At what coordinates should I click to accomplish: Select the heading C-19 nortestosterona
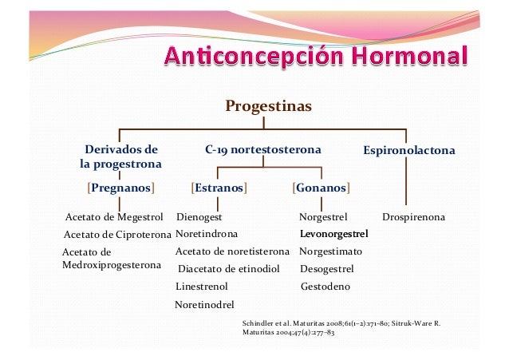point(262,149)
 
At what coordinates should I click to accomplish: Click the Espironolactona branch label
point(409,150)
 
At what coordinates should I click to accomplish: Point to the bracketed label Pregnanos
point(120,188)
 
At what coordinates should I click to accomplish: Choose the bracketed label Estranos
point(219,188)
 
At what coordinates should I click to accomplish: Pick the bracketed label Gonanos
point(322,188)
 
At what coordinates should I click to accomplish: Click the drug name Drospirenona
point(413,217)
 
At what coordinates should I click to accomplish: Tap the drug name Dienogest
point(199,217)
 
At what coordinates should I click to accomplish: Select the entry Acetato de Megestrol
point(112,217)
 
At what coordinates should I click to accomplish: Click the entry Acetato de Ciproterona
point(117,235)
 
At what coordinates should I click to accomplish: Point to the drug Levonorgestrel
point(333,235)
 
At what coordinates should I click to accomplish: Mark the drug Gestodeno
point(325,286)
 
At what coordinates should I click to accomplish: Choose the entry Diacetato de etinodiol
point(229,269)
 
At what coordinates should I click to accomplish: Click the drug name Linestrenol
point(201,286)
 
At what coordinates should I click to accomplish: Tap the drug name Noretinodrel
point(204,304)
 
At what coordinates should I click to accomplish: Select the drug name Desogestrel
point(327,269)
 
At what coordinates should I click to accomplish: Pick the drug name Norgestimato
point(330,251)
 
